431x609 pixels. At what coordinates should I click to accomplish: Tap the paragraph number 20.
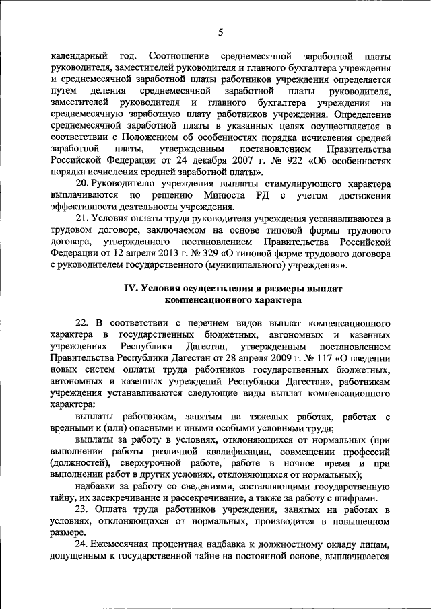click(x=81, y=184)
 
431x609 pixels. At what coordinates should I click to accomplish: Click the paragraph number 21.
click(x=81, y=219)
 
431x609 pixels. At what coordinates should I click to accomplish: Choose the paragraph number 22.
click(x=81, y=324)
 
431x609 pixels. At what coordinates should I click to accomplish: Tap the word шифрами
click(x=370, y=499)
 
